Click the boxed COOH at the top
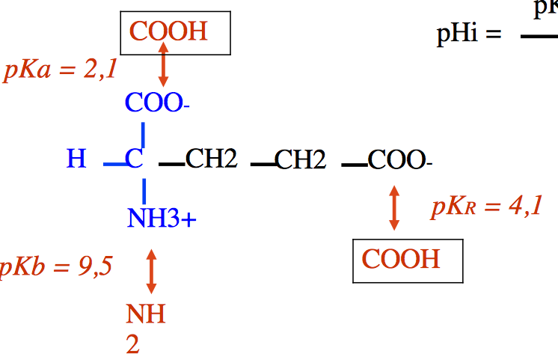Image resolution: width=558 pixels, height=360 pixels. (x=168, y=32)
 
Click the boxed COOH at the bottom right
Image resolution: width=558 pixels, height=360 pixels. (x=401, y=259)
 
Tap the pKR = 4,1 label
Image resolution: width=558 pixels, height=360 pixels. (x=486, y=207)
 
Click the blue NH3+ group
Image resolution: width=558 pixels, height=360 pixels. (x=162, y=219)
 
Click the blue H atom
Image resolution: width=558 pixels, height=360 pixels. (x=76, y=159)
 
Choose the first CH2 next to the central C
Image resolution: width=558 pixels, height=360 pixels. (x=211, y=159)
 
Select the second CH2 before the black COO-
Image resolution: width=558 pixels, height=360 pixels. (x=301, y=159)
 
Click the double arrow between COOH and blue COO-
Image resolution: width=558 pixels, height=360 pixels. (x=162, y=67)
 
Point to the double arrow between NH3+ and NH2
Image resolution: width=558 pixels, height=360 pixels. (x=151, y=271)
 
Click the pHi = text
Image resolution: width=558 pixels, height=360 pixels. (x=468, y=35)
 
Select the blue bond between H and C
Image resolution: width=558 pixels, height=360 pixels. (x=114, y=163)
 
